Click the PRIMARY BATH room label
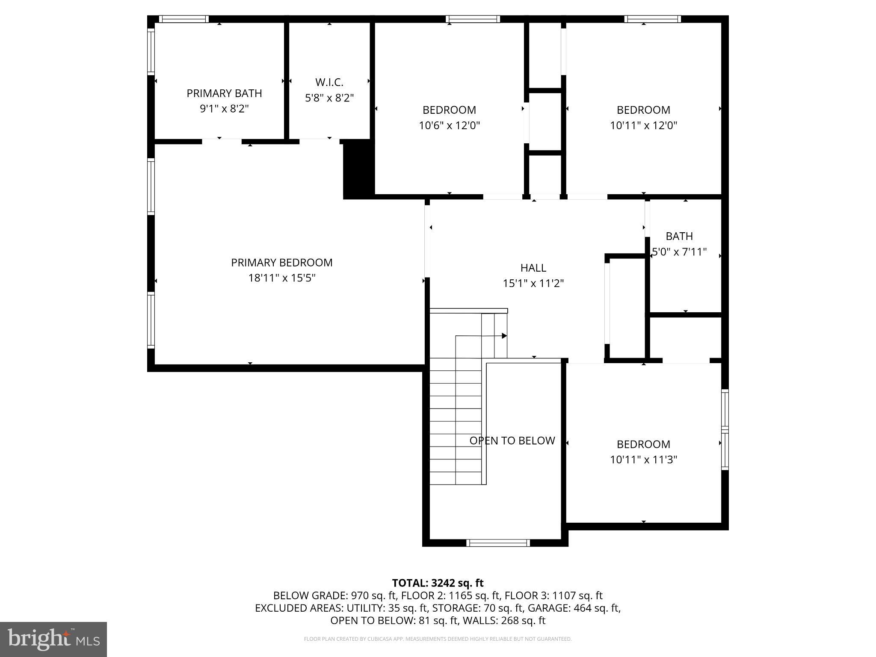tap(224, 93)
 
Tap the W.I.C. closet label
tap(329, 82)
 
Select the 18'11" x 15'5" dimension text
tap(281, 278)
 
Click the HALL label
tap(533, 268)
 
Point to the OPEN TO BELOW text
tap(512, 441)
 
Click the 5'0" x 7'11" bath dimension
tap(679, 252)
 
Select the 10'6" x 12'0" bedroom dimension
tap(449, 125)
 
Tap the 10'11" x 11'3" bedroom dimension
tap(643, 460)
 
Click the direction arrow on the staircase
tap(504, 336)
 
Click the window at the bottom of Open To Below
tap(498, 543)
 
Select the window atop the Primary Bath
tap(183, 19)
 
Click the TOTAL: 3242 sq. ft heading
tap(438, 583)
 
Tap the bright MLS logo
tap(53, 639)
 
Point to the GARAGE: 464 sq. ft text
tap(574, 608)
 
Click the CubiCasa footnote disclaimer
tap(438, 639)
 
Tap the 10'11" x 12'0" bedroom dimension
tap(643, 125)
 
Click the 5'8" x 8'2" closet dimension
tap(329, 98)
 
